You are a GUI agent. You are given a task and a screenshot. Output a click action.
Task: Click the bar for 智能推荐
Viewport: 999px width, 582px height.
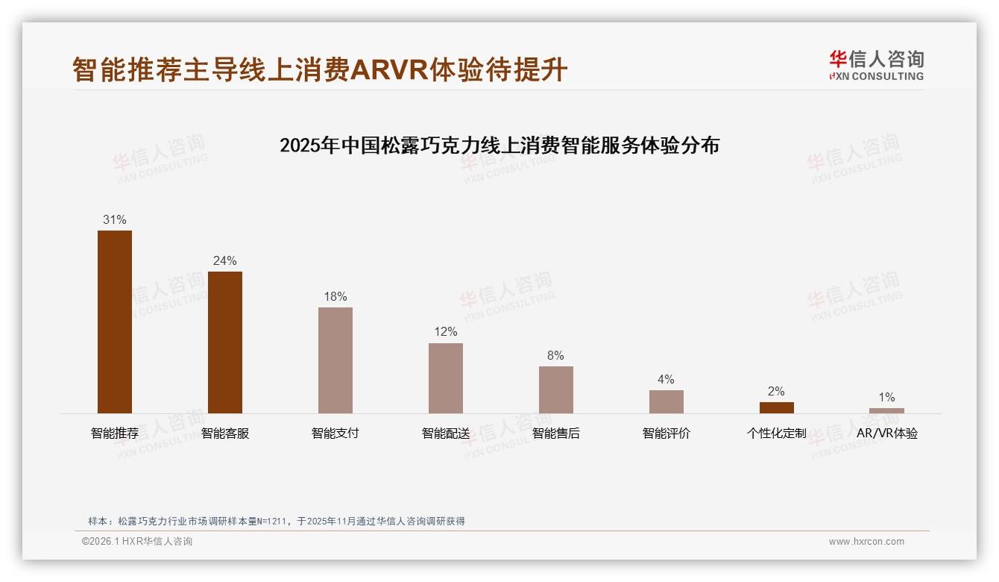[115, 322]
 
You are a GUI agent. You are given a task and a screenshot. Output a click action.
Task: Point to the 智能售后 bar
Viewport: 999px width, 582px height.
[556, 389]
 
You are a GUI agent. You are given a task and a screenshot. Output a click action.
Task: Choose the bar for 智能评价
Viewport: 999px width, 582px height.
[666, 401]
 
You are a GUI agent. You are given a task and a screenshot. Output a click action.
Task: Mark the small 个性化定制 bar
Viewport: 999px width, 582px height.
[776, 407]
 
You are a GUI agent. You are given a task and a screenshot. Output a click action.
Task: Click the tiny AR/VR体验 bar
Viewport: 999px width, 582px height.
[886, 410]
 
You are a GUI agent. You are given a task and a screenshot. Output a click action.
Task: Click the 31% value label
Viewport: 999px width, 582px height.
[115, 219]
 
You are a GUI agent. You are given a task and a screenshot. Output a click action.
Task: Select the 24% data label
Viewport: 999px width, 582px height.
[225, 260]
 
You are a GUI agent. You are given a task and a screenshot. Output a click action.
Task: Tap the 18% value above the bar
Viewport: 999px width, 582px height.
[335, 296]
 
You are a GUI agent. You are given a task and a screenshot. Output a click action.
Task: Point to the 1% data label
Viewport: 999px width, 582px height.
[886, 397]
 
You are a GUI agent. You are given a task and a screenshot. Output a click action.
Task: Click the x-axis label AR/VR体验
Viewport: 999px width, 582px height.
[886, 434]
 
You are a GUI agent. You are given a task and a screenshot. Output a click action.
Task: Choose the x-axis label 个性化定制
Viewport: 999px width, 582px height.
[776, 434]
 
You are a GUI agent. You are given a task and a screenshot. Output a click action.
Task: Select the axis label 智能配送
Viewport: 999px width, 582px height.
[446, 434]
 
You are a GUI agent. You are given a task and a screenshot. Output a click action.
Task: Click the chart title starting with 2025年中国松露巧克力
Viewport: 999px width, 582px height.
[499, 145]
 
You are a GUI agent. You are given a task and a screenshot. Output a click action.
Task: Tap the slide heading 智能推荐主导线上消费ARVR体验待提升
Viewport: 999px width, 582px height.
[320, 69]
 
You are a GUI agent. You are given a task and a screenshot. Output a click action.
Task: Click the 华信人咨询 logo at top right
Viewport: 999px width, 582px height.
[876, 65]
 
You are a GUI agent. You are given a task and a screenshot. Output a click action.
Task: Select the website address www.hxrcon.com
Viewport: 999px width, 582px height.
[866, 542]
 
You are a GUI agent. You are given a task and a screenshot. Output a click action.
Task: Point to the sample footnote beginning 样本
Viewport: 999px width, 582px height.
[277, 521]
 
